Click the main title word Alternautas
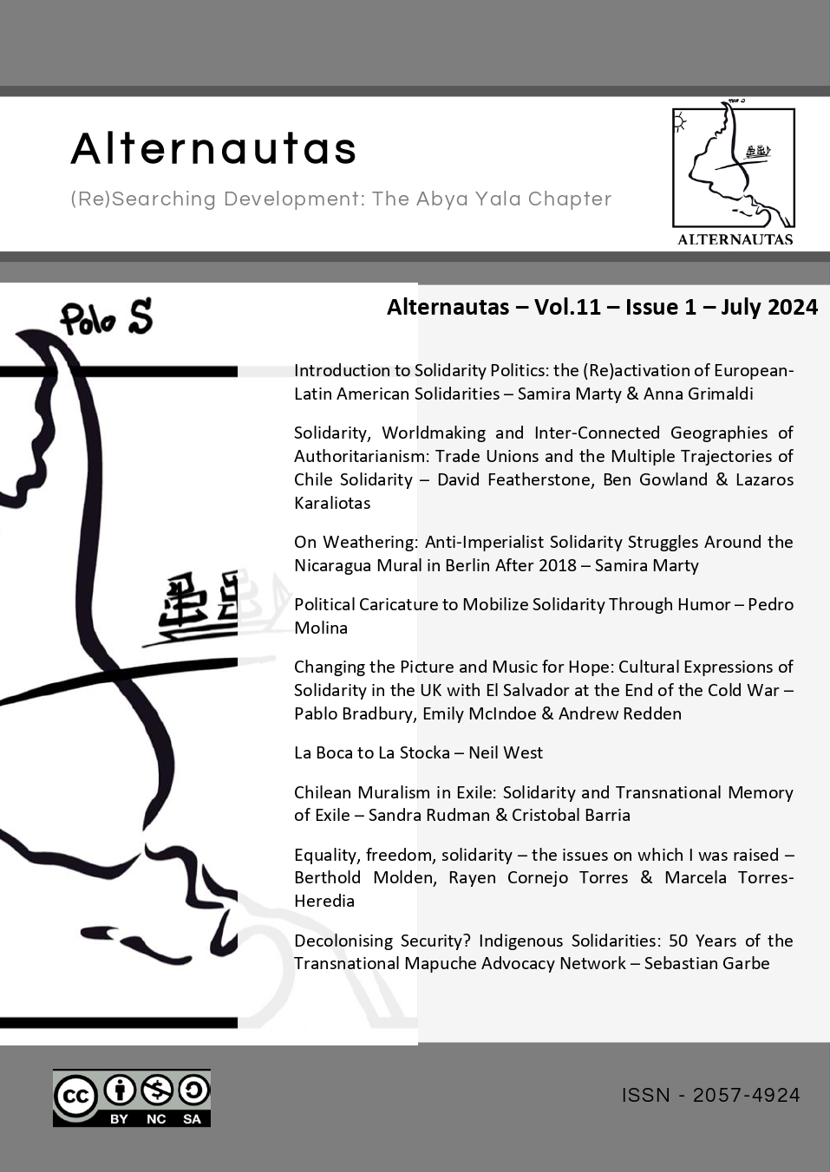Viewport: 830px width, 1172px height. [x=213, y=148]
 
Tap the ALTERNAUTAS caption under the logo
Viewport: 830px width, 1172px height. [x=735, y=239]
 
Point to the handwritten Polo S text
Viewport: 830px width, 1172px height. [x=106, y=318]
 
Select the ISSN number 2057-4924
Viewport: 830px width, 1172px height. [x=746, y=1096]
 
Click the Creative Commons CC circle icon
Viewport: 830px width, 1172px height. [x=76, y=1096]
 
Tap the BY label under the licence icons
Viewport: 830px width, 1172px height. [x=119, y=1119]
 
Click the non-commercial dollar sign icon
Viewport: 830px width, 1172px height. [x=156, y=1091]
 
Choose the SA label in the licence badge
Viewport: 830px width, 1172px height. [x=192, y=1119]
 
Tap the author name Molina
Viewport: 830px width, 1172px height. [x=320, y=628]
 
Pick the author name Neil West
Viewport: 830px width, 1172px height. [x=506, y=752]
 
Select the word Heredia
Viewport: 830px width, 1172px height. [x=324, y=901]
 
